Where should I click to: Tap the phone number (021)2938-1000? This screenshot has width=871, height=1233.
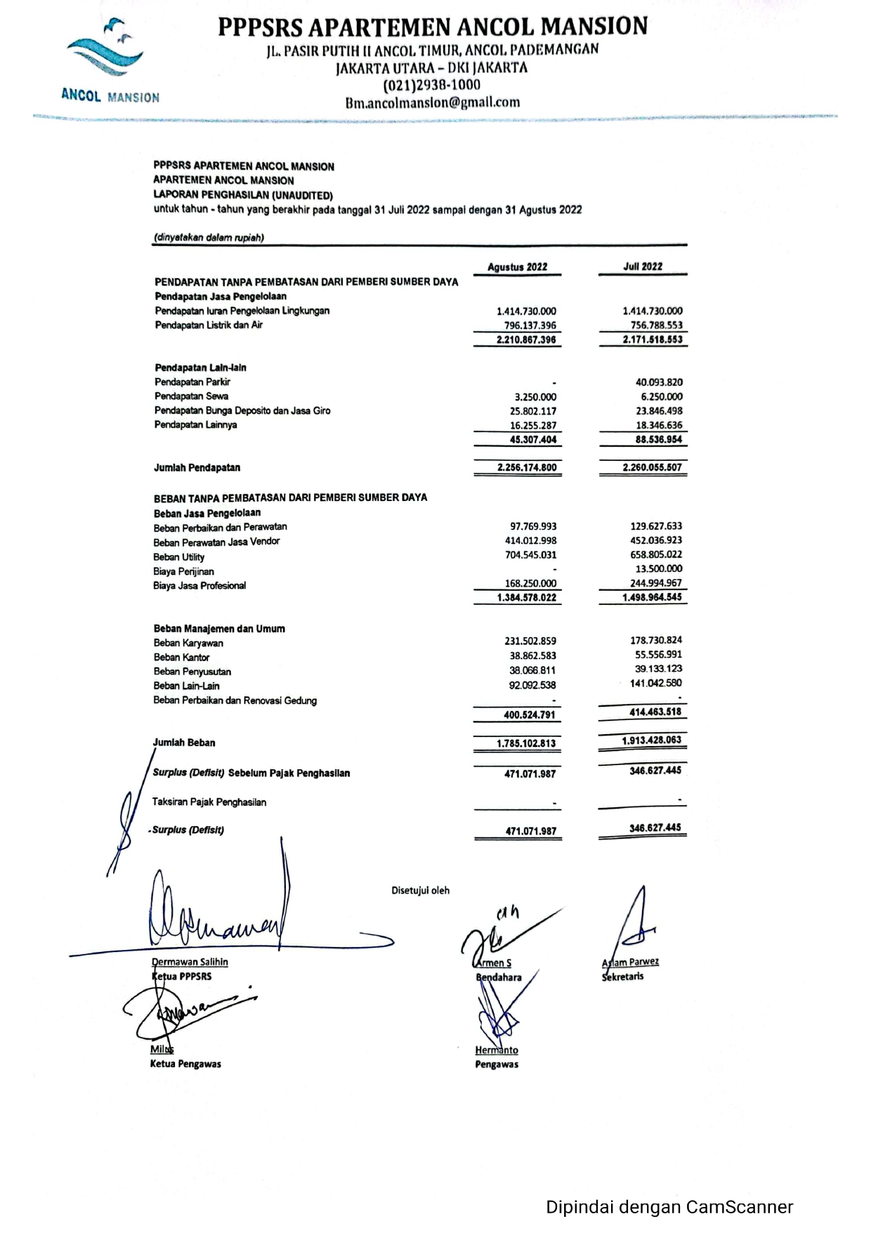(x=431, y=85)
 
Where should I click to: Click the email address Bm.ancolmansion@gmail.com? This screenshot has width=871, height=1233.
(x=433, y=103)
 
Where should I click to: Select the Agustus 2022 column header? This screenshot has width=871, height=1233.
(x=517, y=267)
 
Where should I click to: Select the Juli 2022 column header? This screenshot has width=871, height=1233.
(x=642, y=266)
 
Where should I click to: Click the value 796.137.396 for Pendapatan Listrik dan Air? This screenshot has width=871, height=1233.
(x=530, y=325)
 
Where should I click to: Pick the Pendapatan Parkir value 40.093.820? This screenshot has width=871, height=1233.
(x=658, y=382)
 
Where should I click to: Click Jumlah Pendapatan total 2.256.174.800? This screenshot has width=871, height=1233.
(x=526, y=467)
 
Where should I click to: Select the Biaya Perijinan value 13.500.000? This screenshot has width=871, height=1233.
(x=658, y=568)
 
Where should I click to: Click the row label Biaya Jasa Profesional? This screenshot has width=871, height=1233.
(x=199, y=585)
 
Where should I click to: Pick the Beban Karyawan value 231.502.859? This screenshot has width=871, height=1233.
(x=530, y=641)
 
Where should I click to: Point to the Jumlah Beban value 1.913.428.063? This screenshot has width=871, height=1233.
(x=651, y=740)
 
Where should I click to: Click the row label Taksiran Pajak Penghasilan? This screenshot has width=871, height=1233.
(x=209, y=802)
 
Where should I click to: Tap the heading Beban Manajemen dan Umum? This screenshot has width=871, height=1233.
(x=219, y=629)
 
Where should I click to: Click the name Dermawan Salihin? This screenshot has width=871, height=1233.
(x=190, y=962)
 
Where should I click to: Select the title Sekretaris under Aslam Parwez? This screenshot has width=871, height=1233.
(x=622, y=977)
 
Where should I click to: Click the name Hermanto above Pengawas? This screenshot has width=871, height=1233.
(x=497, y=1050)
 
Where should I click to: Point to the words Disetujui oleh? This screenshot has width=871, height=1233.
(x=420, y=890)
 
